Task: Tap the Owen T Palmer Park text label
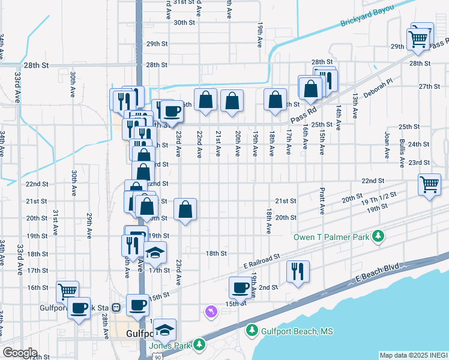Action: coord(331,237)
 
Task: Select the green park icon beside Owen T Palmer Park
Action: coord(378,236)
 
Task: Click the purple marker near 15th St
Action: coord(210,311)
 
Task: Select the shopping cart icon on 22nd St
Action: coord(429,185)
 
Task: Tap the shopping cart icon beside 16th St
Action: coord(68,291)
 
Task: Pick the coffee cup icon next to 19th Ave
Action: coord(241,287)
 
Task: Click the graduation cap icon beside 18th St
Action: coord(155,253)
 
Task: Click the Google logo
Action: coord(19,352)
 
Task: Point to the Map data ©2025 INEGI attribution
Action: coord(413,355)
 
